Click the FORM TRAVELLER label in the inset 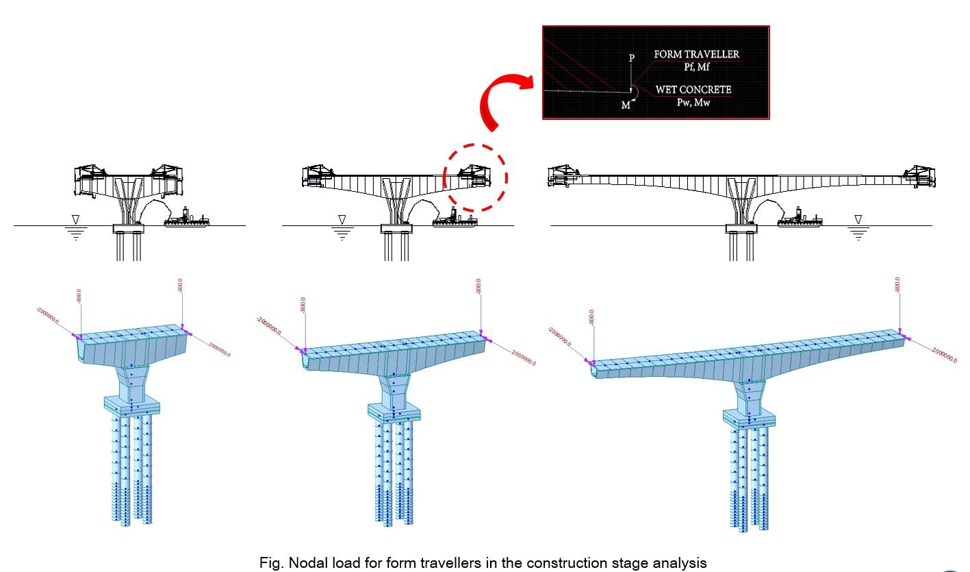coord(696,53)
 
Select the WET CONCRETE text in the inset coord(693,89)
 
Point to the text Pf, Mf coord(696,66)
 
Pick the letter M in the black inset coord(625,105)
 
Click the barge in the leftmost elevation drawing coord(186,218)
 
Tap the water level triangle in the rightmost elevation coord(857,219)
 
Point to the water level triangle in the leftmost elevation coord(75,219)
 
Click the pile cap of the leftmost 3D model coord(131,404)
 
